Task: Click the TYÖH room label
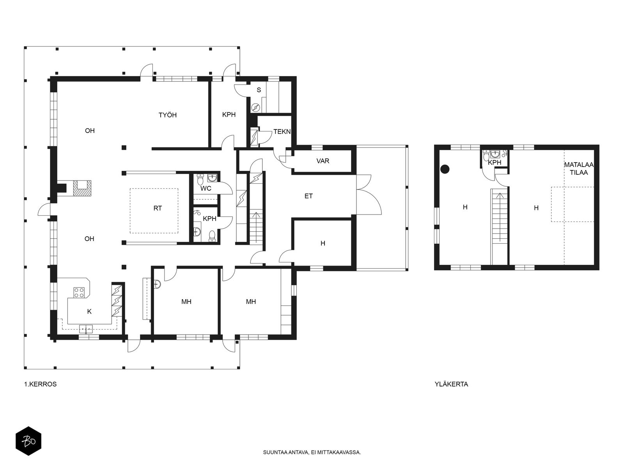(167, 115)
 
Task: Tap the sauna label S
(259, 90)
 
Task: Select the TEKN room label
(282, 131)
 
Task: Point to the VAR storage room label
(323, 161)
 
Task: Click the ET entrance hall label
(308, 196)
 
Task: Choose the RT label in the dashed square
(158, 208)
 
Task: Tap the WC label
(206, 188)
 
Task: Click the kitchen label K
(89, 312)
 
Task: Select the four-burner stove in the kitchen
(79, 292)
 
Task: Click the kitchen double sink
(86, 329)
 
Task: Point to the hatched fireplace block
(82, 188)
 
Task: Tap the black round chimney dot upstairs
(445, 169)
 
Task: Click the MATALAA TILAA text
(579, 168)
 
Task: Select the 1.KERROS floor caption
(41, 384)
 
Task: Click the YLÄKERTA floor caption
(451, 384)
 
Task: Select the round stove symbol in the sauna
(255, 108)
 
